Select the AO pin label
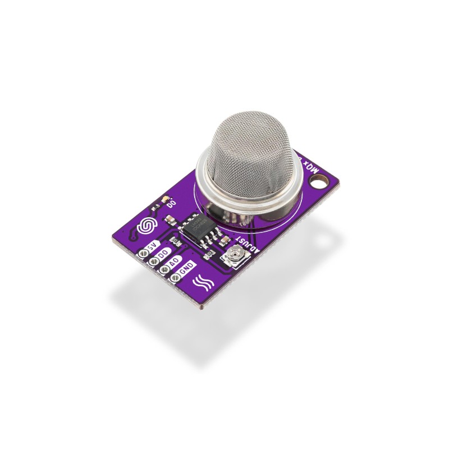[x=175, y=260]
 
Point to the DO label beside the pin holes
[x=163, y=254]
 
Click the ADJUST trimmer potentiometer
[x=231, y=258]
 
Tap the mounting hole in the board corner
[x=320, y=181]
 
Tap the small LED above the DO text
[x=164, y=199]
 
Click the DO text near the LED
[x=172, y=204]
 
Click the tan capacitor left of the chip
[x=175, y=238]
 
